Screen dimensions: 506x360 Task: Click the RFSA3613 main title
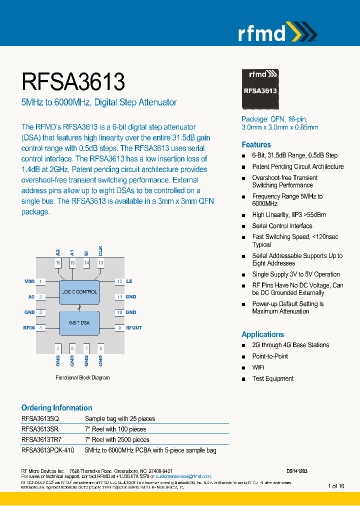[73, 81]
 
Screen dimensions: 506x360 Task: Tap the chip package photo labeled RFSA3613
[260, 88]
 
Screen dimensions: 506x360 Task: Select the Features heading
[256, 144]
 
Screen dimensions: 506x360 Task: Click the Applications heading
[262, 334]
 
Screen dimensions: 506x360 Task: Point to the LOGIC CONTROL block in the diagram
[79, 291]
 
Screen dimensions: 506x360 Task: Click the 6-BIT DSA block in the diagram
[79, 322]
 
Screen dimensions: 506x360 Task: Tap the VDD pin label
[29, 281]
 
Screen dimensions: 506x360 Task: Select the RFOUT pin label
[134, 328]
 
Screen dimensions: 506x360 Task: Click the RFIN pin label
[29, 328]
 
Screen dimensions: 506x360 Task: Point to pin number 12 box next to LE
[119, 281]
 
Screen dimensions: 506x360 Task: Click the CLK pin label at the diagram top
[100, 250]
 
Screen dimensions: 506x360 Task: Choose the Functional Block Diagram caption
[82, 377]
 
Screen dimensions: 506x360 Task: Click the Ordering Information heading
[56, 407]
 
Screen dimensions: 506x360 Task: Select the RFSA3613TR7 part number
[41, 439]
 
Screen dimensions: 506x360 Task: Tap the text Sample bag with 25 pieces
[120, 418]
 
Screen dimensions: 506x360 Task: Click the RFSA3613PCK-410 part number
[47, 450]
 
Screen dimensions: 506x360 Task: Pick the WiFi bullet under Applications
[258, 367]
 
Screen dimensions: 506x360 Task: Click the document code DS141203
[297, 471]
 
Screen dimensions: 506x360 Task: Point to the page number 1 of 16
[336, 486]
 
